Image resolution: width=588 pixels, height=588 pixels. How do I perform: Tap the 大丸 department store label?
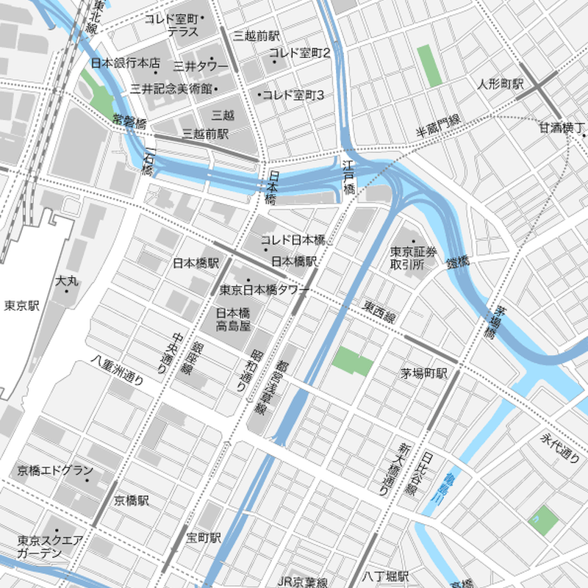click(x=66, y=281)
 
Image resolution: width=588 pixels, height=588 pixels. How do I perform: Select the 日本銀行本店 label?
click(x=125, y=63)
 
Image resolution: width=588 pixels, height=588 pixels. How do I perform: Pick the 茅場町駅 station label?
click(x=424, y=373)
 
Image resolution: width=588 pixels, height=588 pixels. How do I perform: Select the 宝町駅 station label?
click(x=204, y=538)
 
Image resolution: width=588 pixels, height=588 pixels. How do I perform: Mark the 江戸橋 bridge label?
click(x=349, y=177)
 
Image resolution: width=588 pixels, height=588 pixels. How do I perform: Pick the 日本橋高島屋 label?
click(x=234, y=318)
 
